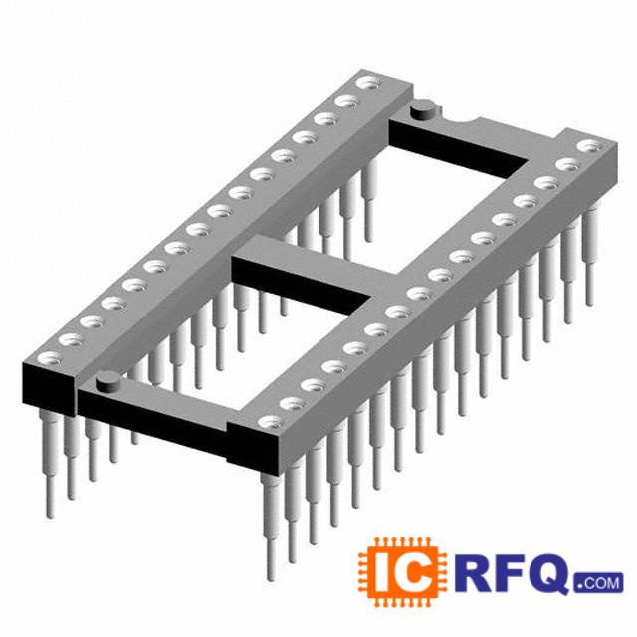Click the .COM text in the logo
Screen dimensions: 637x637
pos(599,582)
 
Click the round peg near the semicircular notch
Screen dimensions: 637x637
pos(423,109)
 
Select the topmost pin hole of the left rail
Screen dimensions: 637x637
pos(369,83)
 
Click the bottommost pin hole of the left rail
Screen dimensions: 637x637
pos(50,358)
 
